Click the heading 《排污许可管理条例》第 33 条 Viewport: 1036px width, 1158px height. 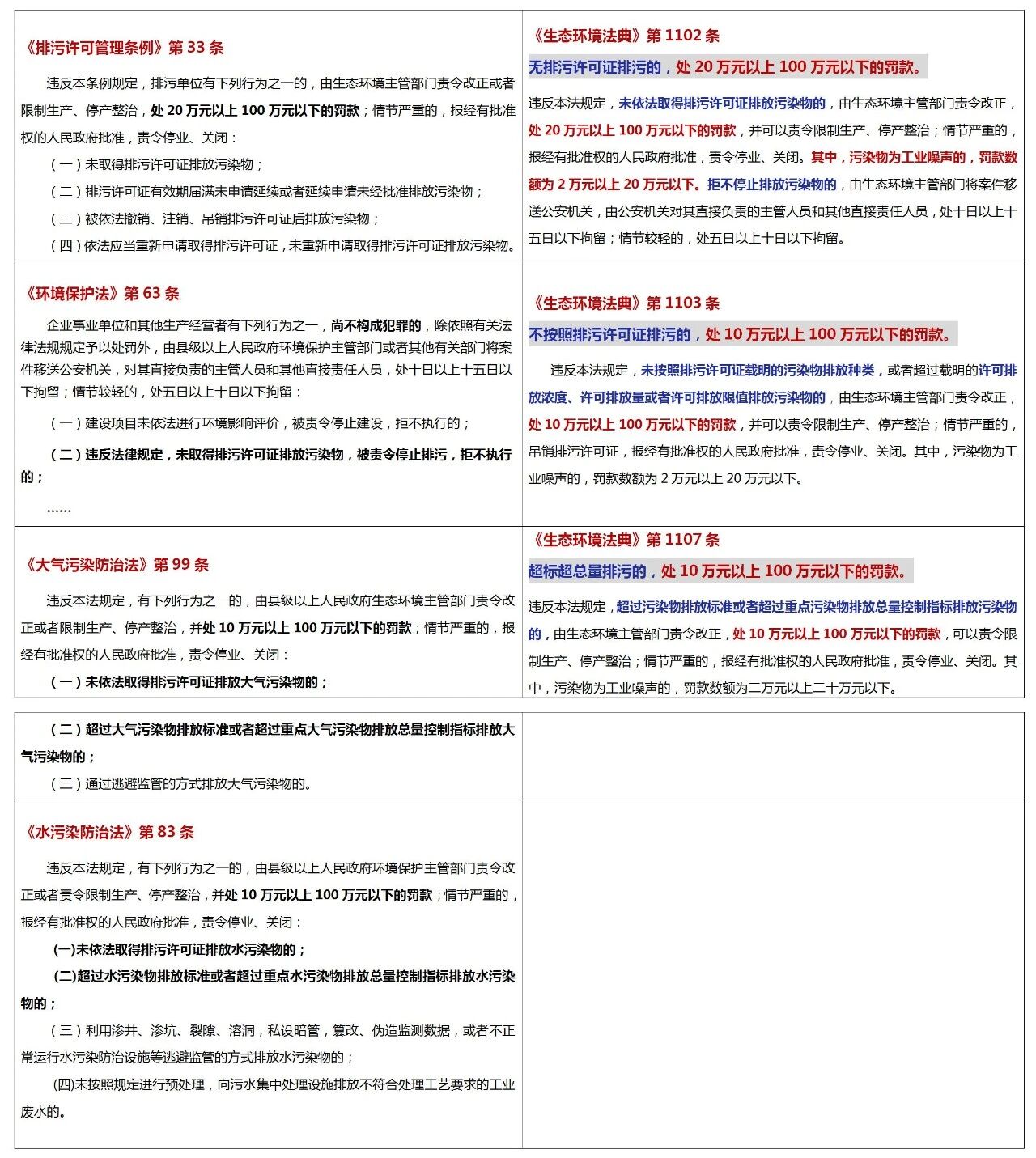[x=124, y=48]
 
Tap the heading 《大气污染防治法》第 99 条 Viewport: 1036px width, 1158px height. [x=117, y=564]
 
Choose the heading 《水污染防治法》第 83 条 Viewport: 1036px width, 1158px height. [x=109, y=832]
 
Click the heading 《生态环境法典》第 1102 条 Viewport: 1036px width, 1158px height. [x=625, y=36]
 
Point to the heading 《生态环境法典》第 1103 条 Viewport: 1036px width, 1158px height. [x=625, y=303]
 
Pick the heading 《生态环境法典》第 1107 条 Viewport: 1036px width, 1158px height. [x=625, y=540]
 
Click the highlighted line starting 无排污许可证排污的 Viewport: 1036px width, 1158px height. [x=726, y=67]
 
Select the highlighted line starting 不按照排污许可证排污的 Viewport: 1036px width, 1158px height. [x=741, y=335]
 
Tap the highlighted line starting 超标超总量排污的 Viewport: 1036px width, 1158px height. [x=719, y=571]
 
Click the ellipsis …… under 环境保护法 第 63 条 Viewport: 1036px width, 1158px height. [x=58, y=509]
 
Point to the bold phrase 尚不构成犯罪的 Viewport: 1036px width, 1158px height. [x=376, y=325]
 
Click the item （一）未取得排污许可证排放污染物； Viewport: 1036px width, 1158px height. [x=157, y=164]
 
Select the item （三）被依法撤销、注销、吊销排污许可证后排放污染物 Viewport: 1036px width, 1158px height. [x=215, y=218]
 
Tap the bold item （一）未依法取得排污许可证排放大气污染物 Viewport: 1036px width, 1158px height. [x=189, y=681]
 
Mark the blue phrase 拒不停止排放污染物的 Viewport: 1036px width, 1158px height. [x=771, y=185]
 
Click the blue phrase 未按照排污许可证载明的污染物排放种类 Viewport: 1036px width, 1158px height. [x=757, y=370]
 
